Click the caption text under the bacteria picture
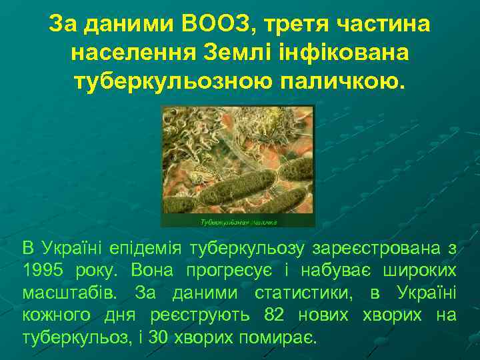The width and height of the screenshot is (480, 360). coord(239,220)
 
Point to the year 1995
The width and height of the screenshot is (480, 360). coord(41,271)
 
